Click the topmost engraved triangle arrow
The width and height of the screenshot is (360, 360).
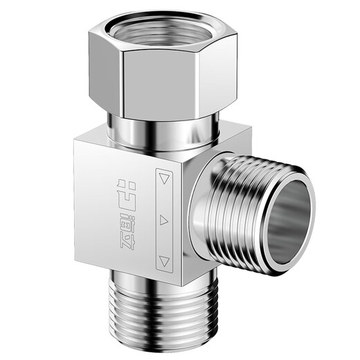(x=165, y=179)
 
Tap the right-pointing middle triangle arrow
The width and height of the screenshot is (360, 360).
(x=164, y=220)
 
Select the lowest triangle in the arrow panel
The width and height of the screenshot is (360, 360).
(x=164, y=262)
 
